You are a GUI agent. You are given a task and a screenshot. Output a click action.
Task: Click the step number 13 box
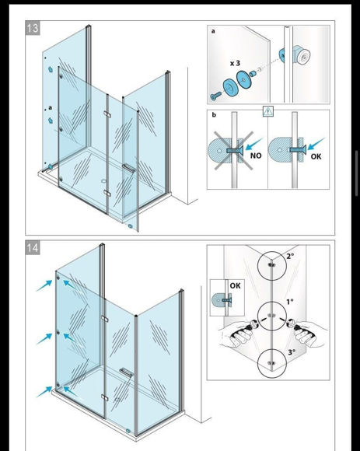33,28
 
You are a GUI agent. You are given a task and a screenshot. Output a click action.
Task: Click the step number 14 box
33,247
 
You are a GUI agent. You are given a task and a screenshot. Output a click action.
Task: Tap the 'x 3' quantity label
235,63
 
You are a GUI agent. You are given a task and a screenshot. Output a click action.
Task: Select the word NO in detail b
256,156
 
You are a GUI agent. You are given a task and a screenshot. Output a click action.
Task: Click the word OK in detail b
316,156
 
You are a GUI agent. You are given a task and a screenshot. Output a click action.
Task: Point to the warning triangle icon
268,111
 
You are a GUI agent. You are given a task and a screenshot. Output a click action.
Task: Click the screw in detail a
215,96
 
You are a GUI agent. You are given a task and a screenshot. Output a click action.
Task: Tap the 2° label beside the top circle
291,256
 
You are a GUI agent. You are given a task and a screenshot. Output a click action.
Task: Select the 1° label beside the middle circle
290,302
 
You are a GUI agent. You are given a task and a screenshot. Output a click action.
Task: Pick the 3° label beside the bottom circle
292,352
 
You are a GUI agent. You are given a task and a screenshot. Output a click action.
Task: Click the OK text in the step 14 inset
235,285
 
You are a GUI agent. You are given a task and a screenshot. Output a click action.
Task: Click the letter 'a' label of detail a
213,31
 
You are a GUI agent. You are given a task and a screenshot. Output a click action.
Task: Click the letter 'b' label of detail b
214,115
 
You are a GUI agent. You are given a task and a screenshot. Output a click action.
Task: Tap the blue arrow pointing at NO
253,145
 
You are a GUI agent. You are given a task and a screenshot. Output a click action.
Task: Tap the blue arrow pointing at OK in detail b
316,144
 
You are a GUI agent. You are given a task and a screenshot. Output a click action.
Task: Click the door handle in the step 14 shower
126,372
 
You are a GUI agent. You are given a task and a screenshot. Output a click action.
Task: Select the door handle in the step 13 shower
128,168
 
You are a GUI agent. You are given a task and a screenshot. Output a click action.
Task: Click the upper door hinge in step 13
107,114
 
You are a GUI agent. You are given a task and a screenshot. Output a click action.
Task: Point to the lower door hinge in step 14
105,397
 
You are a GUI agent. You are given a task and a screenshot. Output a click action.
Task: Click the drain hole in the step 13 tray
104,181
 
